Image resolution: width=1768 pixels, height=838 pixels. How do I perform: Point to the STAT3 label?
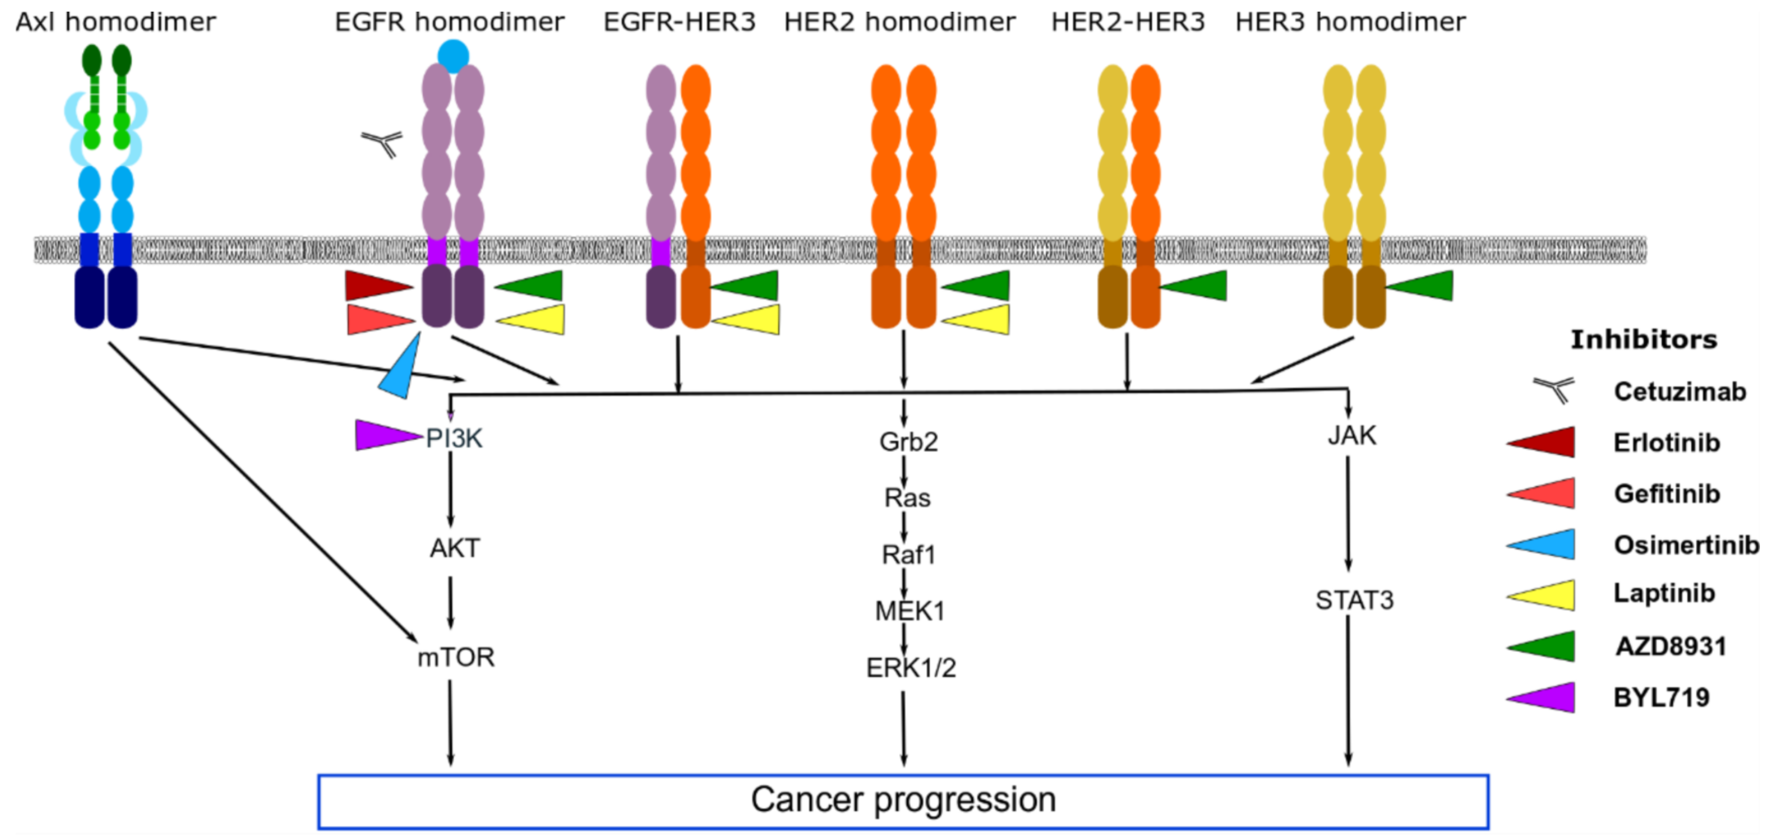pyautogui.click(x=1354, y=600)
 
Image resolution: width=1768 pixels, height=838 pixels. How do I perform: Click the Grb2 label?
pyautogui.click(x=908, y=441)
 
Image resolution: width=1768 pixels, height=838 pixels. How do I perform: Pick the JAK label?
pyautogui.click(x=1351, y=435)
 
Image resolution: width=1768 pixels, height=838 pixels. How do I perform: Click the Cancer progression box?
pyautogui.click(x=902, y=800)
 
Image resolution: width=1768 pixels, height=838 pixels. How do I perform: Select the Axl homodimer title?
pyautogui.click(x=115, y=22)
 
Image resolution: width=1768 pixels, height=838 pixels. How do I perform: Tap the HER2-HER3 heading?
pyautogui.click(x=1128, y=22)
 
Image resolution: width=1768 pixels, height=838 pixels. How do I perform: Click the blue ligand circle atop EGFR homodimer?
pyautogui.click(x=453, y=56)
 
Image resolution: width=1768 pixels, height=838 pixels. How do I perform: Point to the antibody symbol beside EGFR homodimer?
pyautogui.click(x=382, y=143)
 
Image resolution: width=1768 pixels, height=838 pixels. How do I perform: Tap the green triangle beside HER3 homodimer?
pyautogui.click(x=1424, y=285)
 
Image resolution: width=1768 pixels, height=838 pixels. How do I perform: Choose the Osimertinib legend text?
pyautogui.click(x=1686, y=545)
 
